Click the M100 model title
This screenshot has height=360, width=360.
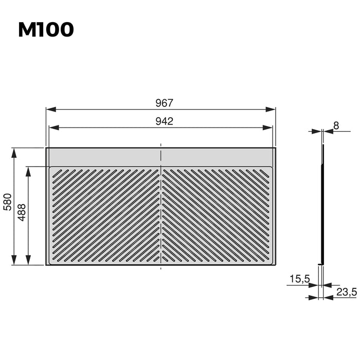(46, 29)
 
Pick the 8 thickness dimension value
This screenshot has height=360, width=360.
(336, 125)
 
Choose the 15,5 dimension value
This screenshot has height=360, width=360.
(299, 279)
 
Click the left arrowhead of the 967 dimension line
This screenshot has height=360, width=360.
(49, 110)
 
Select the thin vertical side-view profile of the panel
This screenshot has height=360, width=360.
(322, 206)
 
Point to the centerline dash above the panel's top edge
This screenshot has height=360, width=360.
(161, 145)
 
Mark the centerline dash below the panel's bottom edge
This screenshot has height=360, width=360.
(161, 267)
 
